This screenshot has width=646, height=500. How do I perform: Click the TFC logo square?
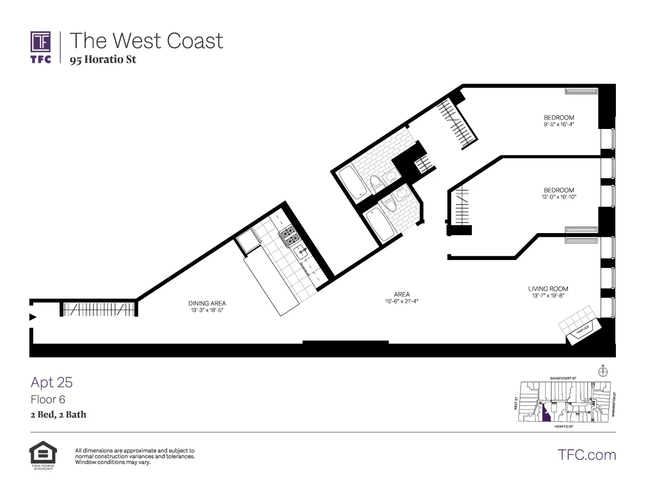(x=41, y=41)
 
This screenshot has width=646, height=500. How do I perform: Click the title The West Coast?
(x=146, y=41)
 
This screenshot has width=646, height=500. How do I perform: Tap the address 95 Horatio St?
(x=103, y=60)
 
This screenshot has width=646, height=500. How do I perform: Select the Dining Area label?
(x=207, y=303)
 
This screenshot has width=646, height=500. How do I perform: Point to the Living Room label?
(x=548, y=289)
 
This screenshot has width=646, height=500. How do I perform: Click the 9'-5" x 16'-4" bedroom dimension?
(x=559, y=125)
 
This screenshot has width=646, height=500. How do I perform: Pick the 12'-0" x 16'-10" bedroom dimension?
(x=559, y=197)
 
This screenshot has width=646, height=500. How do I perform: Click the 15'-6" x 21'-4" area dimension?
(x=402, y=302)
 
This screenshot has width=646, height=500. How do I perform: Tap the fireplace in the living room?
(x=581, y=330)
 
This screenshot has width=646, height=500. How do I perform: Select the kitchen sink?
(x=301, y=252)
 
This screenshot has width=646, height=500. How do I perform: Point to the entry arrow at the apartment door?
(x=33, y=317)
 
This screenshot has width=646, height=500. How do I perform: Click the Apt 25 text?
(x=52, y=382)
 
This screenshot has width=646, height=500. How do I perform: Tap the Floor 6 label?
(x=48, y=400)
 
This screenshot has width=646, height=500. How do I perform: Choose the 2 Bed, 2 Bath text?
(x=58, y=415)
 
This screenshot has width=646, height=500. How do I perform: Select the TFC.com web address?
(x=586, y=455)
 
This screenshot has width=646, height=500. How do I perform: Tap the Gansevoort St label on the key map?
(x=562, y=378)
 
